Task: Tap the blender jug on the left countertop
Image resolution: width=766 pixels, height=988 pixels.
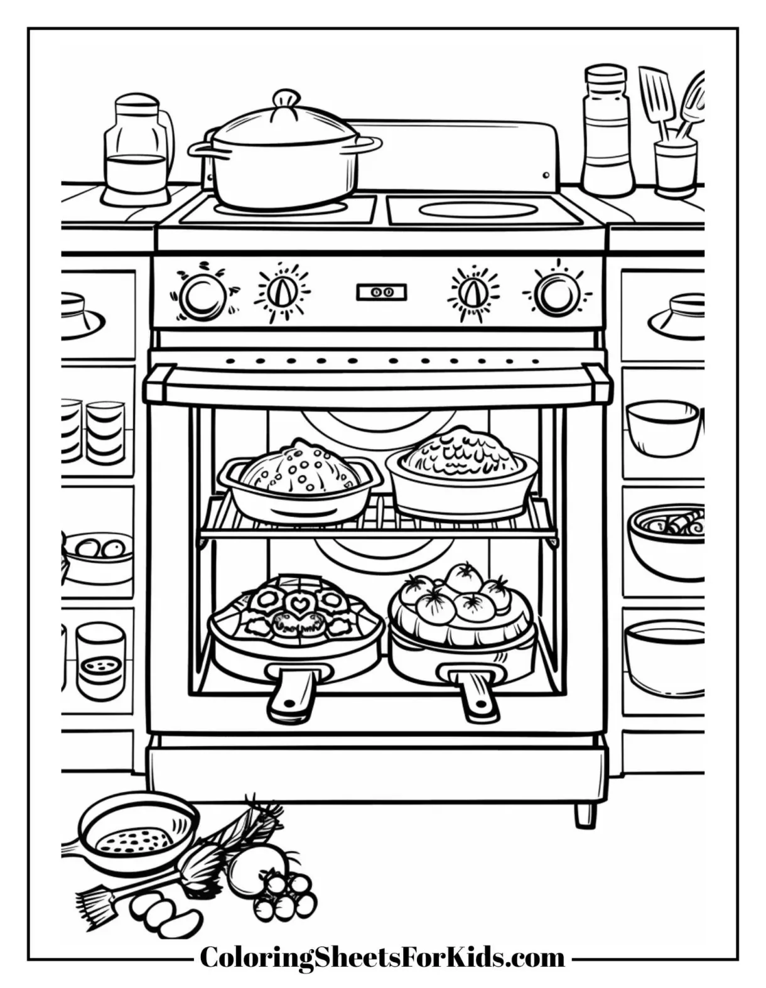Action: pyautogui.click(x=137, y=151)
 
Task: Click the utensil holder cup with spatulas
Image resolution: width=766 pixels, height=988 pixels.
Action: pyautogui.click(x=676, y=166)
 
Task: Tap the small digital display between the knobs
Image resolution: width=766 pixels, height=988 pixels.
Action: pyautogui.click(x=382, y=292)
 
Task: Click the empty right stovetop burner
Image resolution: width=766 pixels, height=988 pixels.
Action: pyautogui.click(x=478, y=210)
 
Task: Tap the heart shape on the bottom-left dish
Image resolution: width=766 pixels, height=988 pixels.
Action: pyautogui.click(x=294, y=605)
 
